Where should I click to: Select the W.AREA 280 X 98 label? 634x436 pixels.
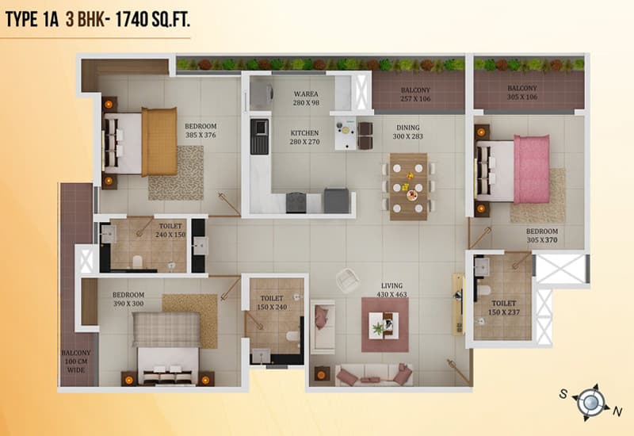[x=306, y=98]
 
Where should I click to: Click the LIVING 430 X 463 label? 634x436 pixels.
[x=391, y=289]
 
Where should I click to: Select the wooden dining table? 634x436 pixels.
[x=408, y=186]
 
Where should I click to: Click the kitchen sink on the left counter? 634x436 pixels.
[x=259, y=136]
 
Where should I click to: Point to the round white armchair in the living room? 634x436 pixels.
[x=347, y=280]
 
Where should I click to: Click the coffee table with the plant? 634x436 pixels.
[x=384, y=325]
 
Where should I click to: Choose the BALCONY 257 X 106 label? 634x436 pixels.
[x=415, y=94]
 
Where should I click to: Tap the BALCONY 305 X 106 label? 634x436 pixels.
[x=522, y=92]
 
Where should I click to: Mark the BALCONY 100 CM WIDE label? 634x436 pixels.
[x=76, y=361]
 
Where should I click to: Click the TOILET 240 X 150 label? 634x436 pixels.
[x=170, y=230]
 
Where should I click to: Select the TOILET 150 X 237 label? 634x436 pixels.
[x=504, y=308]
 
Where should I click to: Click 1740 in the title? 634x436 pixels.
[x=132, y=19]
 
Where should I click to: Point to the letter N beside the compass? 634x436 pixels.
[x=617, y=411]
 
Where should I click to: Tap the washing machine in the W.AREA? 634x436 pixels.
[x=260, y=95]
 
